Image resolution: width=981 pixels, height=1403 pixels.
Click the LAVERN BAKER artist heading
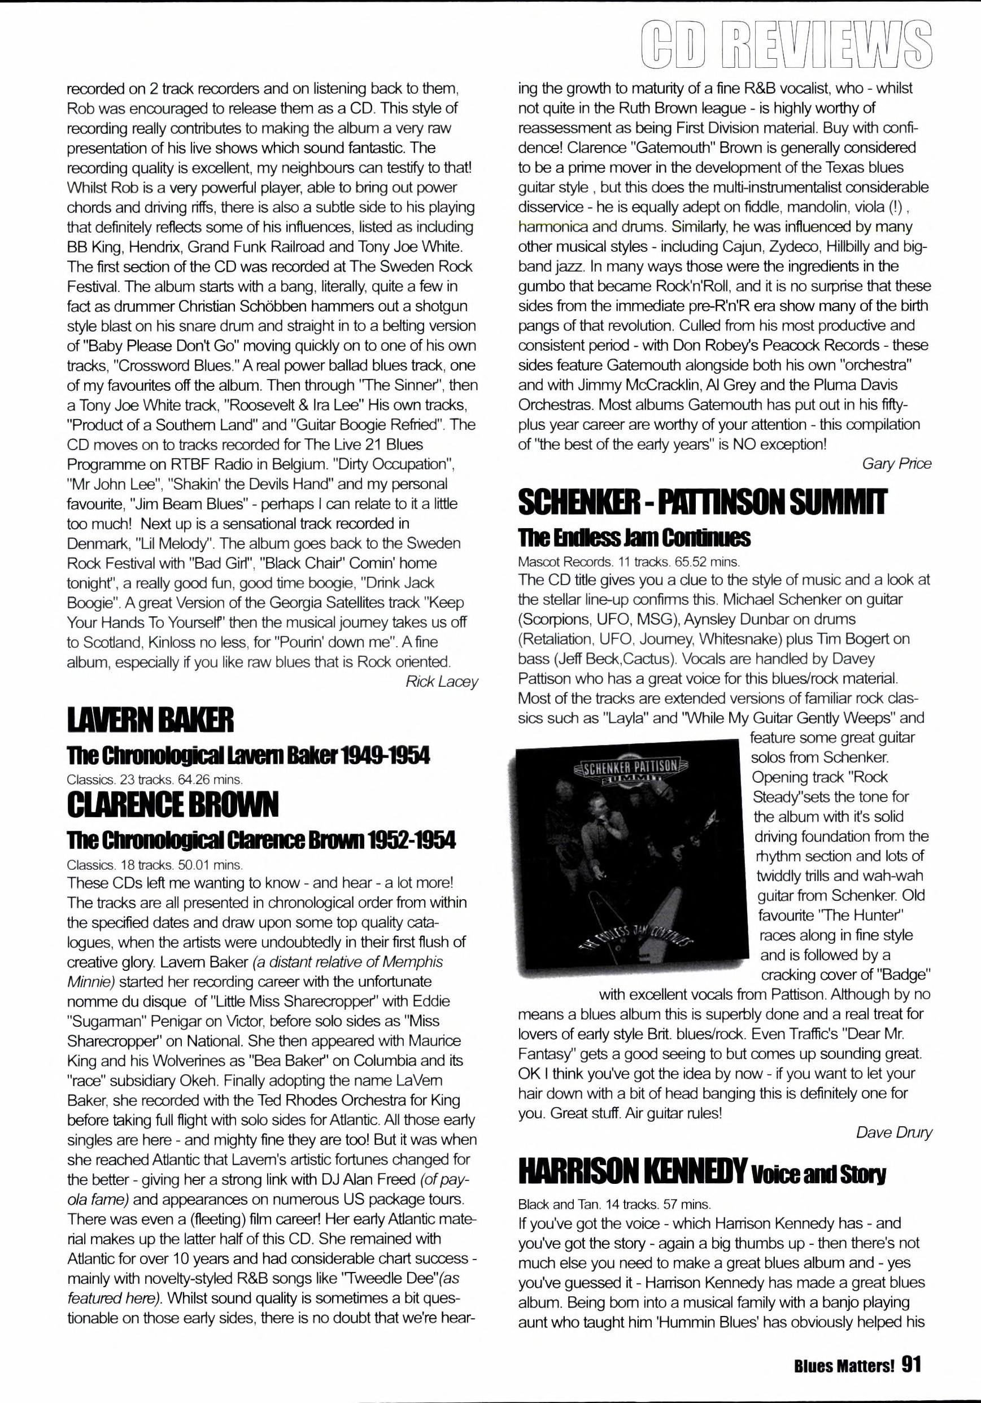pos(150,722)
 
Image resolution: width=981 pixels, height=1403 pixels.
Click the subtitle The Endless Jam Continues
pos(634,538)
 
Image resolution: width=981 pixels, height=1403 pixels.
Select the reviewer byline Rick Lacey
pos(442,682)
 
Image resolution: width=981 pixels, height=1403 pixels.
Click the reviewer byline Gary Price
pos(897,464)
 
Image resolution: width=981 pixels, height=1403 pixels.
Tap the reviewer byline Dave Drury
pos(894,1132)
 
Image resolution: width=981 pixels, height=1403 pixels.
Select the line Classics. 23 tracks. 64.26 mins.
pos(155,779)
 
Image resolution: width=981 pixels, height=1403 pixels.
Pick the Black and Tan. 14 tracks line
pos(614,1204)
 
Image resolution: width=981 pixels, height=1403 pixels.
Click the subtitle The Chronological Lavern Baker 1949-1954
pos(248,756)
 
